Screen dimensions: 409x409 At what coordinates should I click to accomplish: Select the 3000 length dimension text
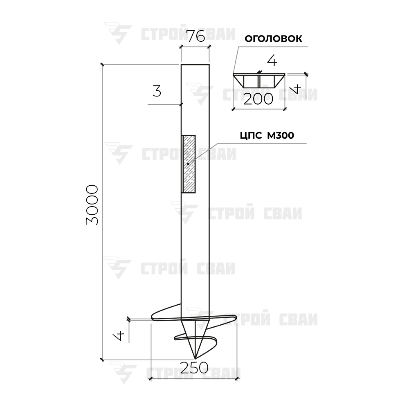pos(92,205)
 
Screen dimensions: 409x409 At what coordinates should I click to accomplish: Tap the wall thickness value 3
pos(157,91)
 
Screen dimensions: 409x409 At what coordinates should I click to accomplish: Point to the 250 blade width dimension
pos(194,368)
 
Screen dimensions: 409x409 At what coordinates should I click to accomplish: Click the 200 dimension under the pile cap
pos(258,99)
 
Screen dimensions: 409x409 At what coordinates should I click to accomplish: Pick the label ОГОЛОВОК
pos(273,38)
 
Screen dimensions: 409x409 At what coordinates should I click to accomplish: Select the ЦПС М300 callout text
pos(267,135)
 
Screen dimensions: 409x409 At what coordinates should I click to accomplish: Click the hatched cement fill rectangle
pos(188,164)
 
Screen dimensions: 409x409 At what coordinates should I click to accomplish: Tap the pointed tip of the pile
pos(195,358)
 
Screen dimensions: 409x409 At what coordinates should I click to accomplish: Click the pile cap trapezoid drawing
pos(259,81)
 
